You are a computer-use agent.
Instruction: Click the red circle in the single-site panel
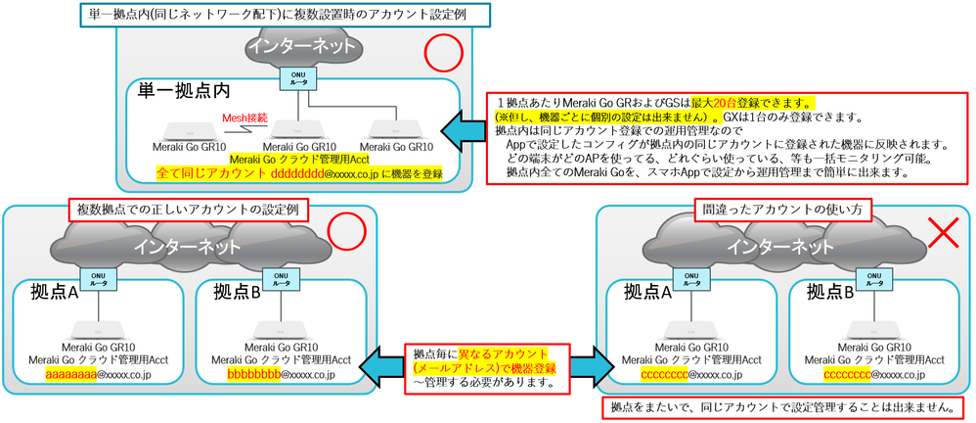click(442, 55)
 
